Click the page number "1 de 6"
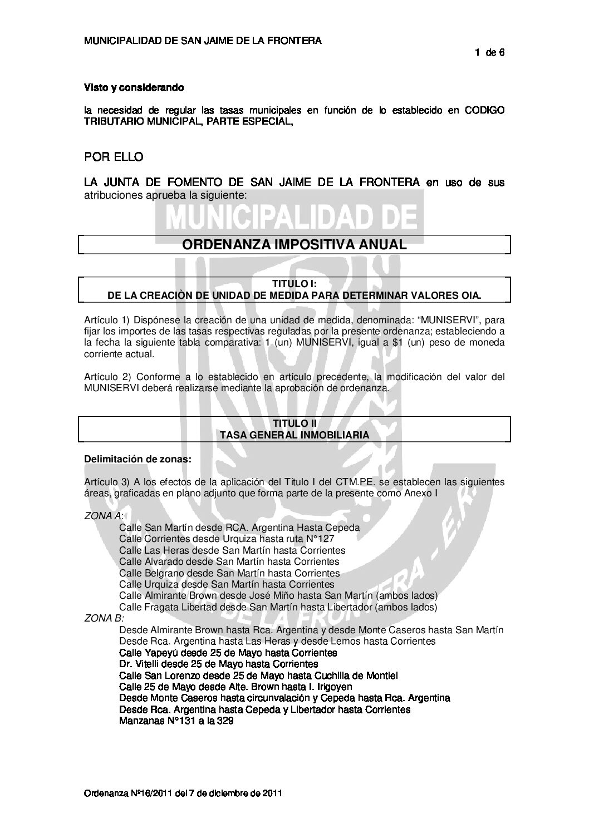tap(489, 53)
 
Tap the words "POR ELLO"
tap(114, 157)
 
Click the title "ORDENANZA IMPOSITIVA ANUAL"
tap(294, 244)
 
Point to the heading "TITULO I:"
tap(294, 284)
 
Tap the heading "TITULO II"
tap(294, 424)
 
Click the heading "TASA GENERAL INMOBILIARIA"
tap(294, 435)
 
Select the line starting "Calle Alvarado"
tap(229, 561)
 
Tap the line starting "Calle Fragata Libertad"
tap(278, 607)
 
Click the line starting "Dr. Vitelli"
tap(219, 664)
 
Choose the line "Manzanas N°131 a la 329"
tap(176, 721)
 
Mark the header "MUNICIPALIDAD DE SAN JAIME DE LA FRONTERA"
tap(202, 41)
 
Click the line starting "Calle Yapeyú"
tap(228, 652)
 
